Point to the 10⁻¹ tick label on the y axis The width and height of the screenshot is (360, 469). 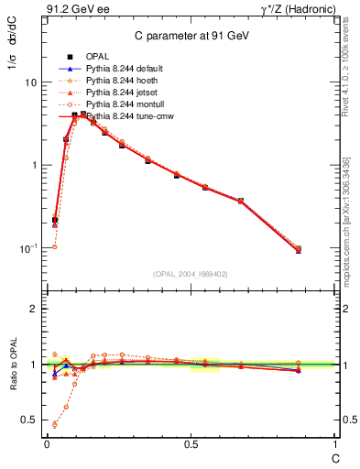tap(27, 248)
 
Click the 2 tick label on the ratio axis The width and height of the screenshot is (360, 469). tap(33, 310)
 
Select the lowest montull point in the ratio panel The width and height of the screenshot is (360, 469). tap(55, 424)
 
